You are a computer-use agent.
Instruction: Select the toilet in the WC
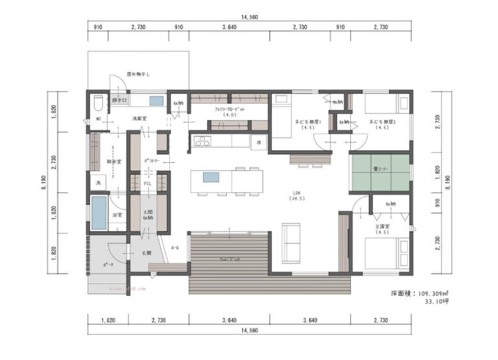(98, 104)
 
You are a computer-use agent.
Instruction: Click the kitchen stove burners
(201, 141)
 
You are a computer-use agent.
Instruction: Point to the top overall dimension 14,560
(249, 18)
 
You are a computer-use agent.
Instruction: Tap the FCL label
(148, 184)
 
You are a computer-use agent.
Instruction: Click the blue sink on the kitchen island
(211, 177)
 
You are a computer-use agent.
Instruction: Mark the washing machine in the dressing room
(98, 183)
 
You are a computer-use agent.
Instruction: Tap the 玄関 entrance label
(147, 252)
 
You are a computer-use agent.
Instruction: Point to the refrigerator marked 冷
(258, 141)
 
